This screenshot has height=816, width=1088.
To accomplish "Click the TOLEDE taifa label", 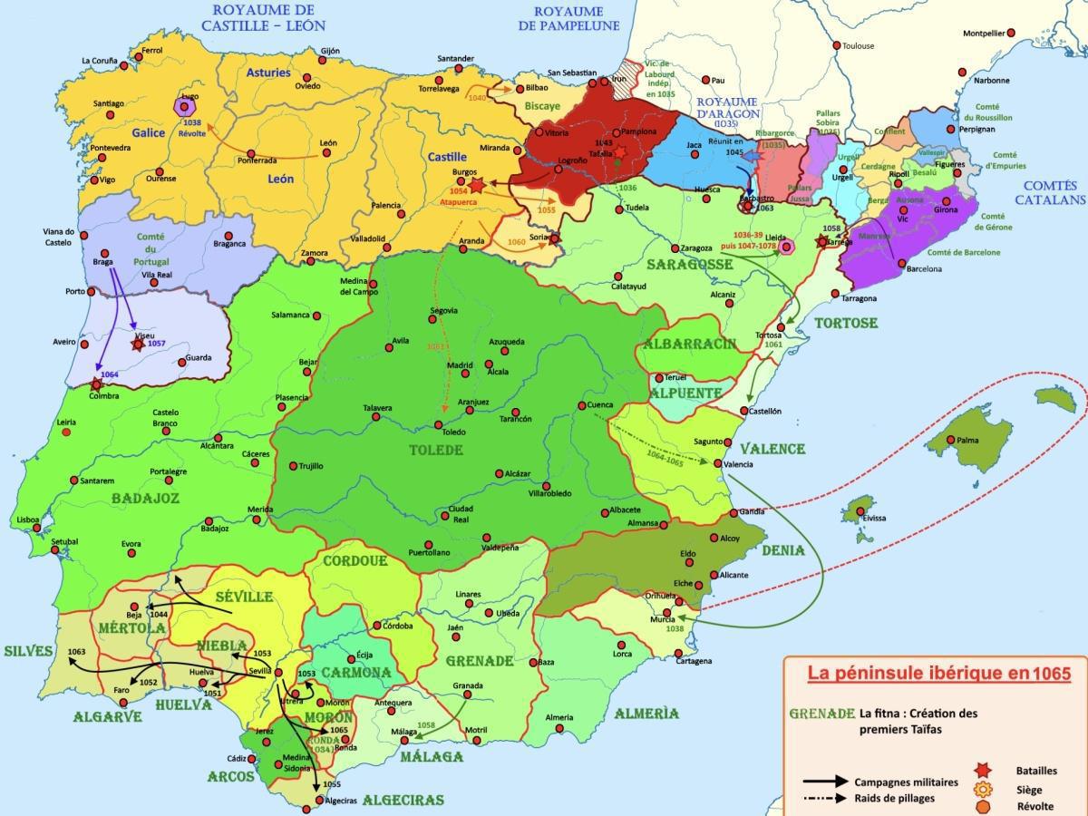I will (x=436, y=450).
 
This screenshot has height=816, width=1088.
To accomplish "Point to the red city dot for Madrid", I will (x=464, y=373).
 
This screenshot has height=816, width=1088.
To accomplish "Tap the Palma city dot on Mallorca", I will (x=950, y=441).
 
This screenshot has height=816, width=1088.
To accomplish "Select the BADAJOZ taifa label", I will (x=146, y=498).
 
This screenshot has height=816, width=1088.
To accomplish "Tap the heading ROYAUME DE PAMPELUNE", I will (x=568, y=18).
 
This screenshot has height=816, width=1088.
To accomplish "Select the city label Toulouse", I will (x=858, y=45).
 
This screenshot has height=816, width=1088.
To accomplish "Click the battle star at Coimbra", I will (x=96, y=384).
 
